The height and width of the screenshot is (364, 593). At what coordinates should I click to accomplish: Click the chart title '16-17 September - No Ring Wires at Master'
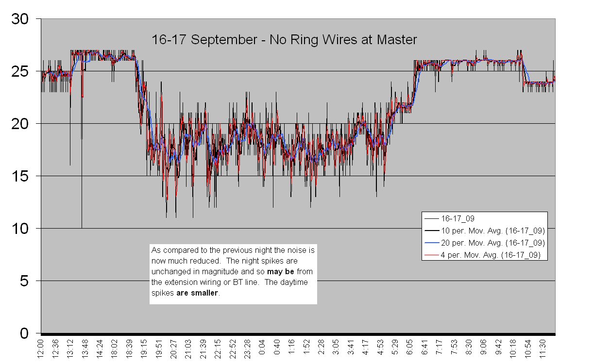tap(284, 40)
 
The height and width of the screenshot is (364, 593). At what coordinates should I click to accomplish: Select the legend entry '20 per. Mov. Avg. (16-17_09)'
tap(492, 242)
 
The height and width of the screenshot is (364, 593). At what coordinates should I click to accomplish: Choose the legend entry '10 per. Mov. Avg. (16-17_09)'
tap(492, 231)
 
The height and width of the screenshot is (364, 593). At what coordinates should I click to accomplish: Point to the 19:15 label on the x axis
tap(144, 349)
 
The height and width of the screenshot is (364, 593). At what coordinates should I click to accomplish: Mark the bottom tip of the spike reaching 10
tap(82, 228)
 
